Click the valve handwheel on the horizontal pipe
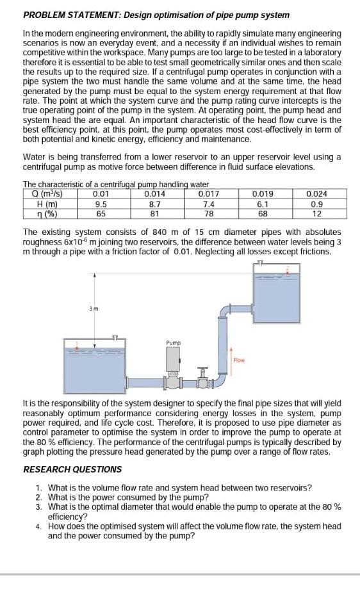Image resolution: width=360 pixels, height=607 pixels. [203, 369]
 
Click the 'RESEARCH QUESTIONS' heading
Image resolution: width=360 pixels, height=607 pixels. [72, 469]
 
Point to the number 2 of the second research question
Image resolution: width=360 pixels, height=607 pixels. [39, 497]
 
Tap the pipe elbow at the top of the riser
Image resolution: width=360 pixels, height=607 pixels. [224, 311]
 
